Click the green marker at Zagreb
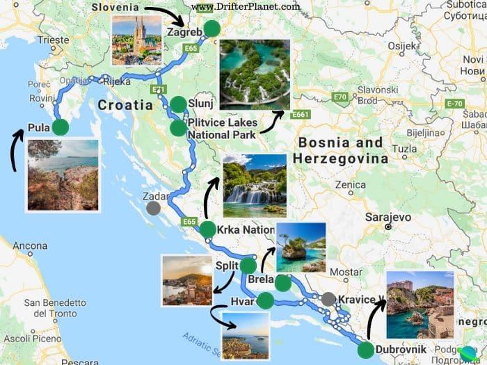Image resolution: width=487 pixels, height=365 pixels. (x=211, y=29)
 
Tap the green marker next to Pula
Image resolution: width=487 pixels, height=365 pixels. (x=61, y=127)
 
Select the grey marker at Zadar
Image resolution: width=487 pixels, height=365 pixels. (x=154, y=207)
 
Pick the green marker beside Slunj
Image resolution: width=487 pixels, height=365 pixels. (x=179, y=104)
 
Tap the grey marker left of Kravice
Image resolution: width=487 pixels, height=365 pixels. (x=328, y=299)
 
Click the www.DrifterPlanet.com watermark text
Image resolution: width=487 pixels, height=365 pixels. (x=246, y=7)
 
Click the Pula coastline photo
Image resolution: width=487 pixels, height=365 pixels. (x=63, y=175)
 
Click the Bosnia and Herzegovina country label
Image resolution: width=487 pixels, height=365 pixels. (x=341, y=150)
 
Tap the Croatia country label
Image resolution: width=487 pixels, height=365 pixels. (x=125, y=106)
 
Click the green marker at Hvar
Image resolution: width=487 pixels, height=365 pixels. (x=265, y=301)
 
